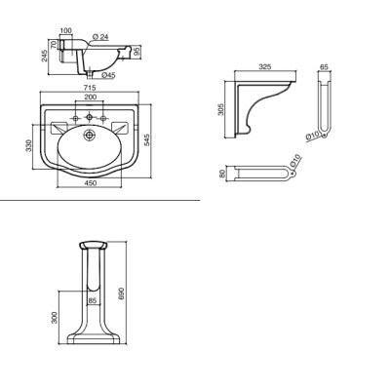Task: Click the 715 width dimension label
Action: pyautogui.click(x=91, y=88)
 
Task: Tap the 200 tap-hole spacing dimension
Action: pyautogui.click(x=91, y=97)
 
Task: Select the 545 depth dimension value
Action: pyautogui.click(x=147, y=140)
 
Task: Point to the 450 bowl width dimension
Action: pyautogui.click(x=91, y=183)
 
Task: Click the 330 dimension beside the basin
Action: pyautogui.click(x=29, y=145)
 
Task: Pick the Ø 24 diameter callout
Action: pyautogui.click(x=100, y=37)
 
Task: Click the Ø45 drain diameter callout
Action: pyautogui.click(x=108, y=75)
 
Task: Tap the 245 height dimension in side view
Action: pyautogui.click(x=45, y=56)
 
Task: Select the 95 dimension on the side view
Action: pyautogui.click(x=136, y=52)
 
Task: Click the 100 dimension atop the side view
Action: pyautogui.click(x=65, y=30)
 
